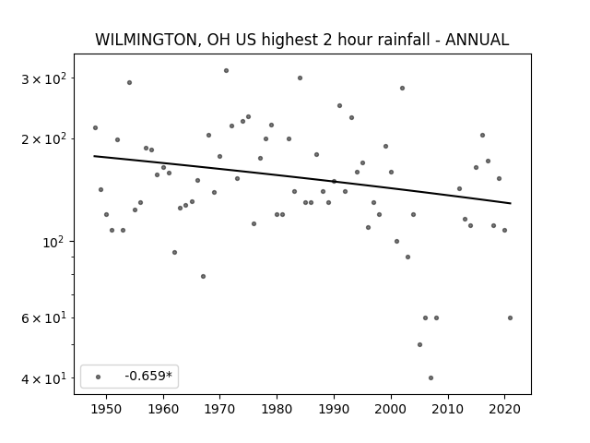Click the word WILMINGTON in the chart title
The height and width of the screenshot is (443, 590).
point(146,40)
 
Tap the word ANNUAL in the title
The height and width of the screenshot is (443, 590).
point(478,40)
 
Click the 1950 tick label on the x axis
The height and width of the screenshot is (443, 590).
point(107,409)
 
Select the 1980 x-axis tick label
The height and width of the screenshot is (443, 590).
point(277,409)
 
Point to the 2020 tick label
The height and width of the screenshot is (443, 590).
point(504,409)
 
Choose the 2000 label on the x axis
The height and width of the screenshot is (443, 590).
point(391,409)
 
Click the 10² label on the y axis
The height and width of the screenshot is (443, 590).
point(54,242)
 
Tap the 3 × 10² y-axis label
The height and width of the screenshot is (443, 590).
point(43,79)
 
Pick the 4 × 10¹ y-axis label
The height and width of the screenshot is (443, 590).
point(43,378)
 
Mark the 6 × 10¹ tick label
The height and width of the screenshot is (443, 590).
point(43,318)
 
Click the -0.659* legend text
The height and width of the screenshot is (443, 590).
point(148,376)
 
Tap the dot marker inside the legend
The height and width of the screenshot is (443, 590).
point(99,377)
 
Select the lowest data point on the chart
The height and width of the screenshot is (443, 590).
point(431,377)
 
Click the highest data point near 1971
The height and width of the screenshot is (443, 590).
point(226,70)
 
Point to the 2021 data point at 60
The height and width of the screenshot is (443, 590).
point(510,317)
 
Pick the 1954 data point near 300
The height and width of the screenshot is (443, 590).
point(129,82)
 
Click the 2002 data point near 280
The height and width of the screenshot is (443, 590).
point(402,89)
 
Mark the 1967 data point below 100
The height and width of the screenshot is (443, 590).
point(203,277)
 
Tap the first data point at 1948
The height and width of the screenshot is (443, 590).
point(95,127)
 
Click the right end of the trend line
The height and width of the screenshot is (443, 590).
point(511,203)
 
